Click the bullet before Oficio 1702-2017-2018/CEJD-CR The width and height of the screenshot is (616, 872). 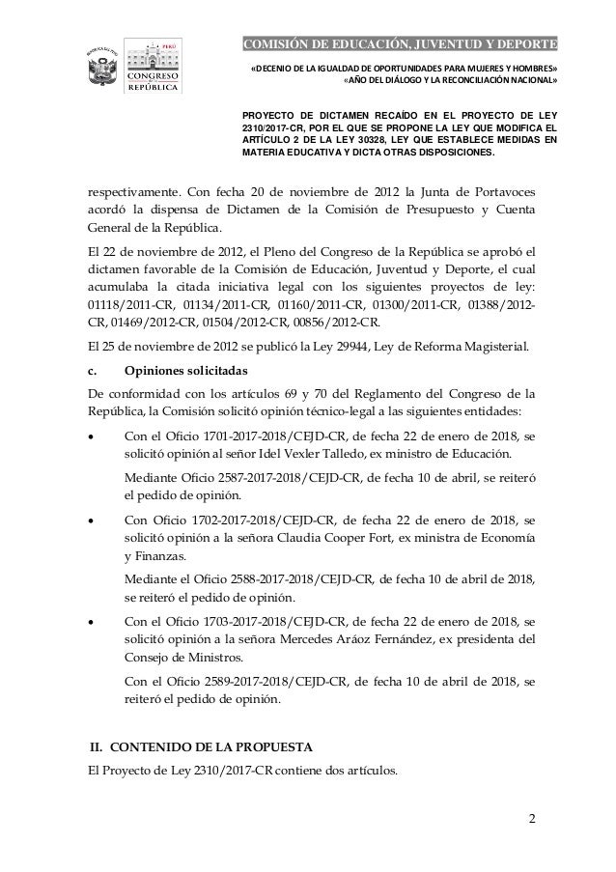pos(91,521)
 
